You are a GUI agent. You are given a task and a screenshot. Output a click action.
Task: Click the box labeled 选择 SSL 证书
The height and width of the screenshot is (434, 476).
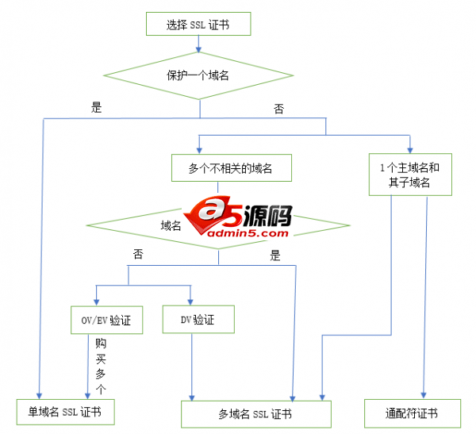pos(198,24)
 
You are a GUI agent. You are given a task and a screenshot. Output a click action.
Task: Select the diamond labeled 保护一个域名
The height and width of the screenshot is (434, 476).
pos(198,76)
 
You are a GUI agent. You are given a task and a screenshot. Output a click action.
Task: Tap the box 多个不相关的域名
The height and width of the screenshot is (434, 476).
pos(229,168)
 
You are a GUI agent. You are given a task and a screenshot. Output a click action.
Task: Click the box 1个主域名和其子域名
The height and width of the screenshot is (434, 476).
pos(410,175)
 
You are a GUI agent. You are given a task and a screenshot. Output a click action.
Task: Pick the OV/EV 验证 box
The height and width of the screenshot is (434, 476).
pos(106,321)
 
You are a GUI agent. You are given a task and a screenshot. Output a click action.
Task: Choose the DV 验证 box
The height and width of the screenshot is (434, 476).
pos(199,319)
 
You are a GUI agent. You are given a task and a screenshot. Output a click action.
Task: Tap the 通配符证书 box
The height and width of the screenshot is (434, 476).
pos(412,413)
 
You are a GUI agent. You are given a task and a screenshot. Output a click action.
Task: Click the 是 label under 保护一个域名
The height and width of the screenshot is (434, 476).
pos(97,108)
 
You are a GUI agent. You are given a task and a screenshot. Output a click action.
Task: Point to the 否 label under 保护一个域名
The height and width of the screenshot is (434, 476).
pos(278,109)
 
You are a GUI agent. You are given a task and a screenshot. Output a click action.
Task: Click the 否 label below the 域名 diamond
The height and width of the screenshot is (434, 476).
pos(138,255)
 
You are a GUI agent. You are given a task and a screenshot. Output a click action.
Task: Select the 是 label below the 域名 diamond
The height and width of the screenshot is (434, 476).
pos(275,255)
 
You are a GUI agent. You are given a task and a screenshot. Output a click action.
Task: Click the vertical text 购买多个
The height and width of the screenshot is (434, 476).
pos(100,367)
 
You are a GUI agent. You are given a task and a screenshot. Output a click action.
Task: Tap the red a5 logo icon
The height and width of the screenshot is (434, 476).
pos(205,213)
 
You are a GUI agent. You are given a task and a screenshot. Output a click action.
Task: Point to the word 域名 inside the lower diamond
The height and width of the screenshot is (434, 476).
pos(171,225)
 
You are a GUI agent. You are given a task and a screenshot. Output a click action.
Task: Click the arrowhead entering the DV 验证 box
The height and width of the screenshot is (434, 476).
pos(190,301)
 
